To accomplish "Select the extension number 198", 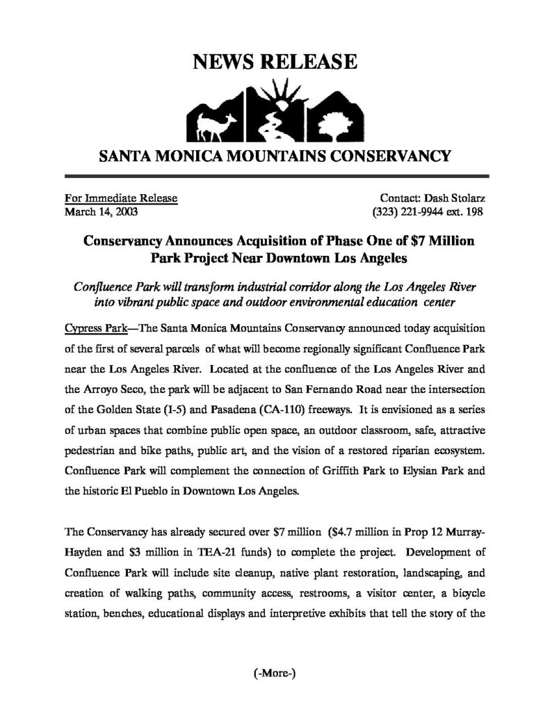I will click(474, 211).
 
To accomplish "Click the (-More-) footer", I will click(275, 673).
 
